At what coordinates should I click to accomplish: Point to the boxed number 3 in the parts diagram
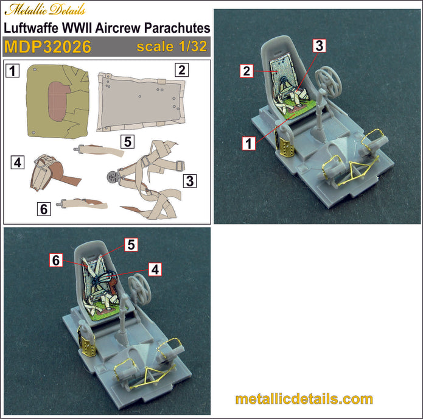[x=191, y=180]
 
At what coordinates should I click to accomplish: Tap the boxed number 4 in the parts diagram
[x=18, y=163]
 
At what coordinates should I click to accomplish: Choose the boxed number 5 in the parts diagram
[x=127, y=141]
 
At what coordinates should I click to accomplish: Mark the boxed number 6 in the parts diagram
[x=43, y=209]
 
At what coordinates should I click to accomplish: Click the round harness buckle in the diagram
[x=111, y=177]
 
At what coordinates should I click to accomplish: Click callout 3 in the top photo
[x=320, y=45]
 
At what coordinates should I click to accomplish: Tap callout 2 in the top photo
[x=246, y=71]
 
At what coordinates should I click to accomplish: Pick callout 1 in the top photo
[x=248, y=144]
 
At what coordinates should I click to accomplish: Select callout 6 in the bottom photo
[x=56, y=260]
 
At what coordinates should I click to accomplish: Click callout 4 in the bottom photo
[x=155, y=269]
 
